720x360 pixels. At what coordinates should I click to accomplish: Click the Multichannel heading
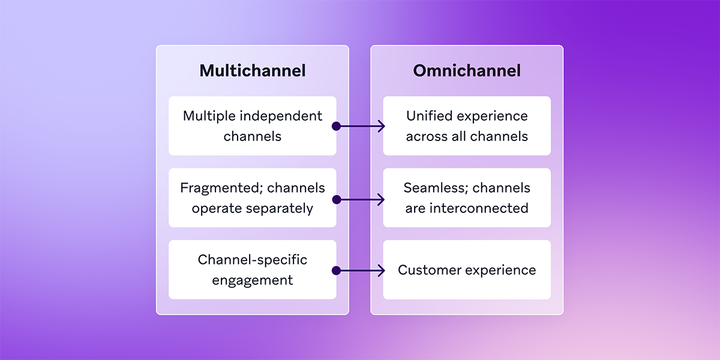click(253, 70)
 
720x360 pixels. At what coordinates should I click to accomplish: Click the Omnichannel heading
click(467, 70)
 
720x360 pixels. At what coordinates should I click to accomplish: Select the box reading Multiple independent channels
click(253, 126)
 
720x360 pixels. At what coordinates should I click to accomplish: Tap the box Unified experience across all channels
click(467, 126)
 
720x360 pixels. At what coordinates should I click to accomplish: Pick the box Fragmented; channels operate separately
click(253, 198)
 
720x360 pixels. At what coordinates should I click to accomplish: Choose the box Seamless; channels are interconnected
click(467, 198)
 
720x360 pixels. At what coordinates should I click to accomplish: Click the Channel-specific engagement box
click(253, 270)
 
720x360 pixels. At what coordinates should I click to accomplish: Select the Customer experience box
click(467, 270)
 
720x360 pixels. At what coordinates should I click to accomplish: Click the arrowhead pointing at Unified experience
click(380, 126)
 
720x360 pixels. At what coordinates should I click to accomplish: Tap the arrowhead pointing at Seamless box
click(380, 199)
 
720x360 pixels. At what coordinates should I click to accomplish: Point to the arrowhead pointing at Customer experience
click(380, 271)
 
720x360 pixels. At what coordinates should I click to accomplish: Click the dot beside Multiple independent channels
click(336, 126)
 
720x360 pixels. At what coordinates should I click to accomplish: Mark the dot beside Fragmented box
click(336, 199)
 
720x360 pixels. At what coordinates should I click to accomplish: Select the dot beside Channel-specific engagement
click(336, 271)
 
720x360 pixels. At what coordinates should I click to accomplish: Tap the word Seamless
click(434, 188)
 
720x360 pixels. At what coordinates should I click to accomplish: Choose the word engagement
click(253, 280)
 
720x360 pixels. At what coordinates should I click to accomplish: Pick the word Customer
click(427, 270)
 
